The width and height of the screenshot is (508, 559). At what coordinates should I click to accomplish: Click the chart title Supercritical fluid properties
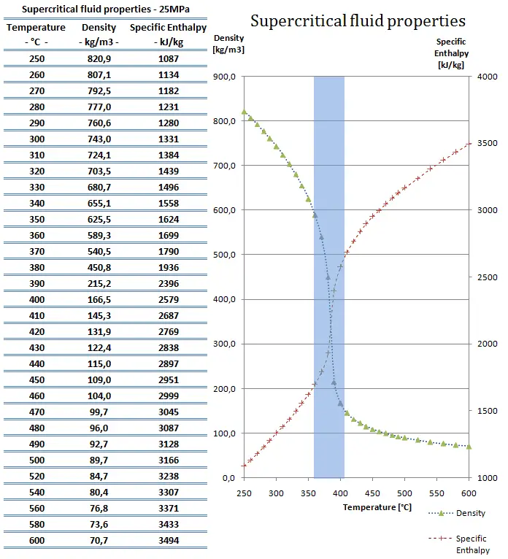[x=358, y=20]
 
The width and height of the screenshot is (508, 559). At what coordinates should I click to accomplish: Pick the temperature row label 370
[x=36, y=251]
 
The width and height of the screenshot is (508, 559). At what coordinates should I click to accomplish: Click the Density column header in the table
[x=99, y=27]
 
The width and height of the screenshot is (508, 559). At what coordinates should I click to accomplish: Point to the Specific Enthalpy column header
[x=168, y=27]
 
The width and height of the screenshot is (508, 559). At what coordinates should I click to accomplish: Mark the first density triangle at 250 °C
[x=244, y=112]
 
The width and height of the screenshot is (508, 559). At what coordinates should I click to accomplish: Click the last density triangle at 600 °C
[x=469, y=446]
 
